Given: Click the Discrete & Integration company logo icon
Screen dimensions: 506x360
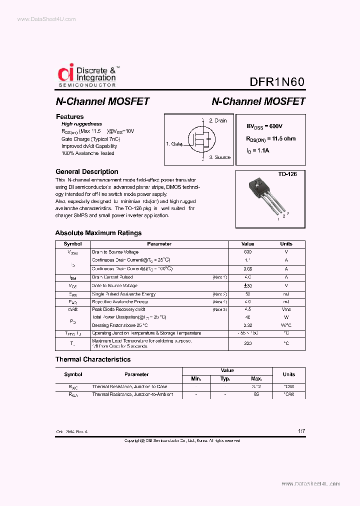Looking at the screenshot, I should [65, 73].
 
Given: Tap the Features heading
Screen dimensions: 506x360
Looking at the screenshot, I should [69, 116].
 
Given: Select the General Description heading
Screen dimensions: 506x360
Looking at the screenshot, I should [86, 171].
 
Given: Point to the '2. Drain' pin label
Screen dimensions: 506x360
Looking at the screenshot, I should [217, 120].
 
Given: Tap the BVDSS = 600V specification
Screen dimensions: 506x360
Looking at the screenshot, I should [267, 127].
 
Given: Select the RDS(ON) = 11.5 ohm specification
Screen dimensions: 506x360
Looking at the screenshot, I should [270, 138].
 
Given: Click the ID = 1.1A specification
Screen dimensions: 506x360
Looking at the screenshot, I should [257, 150].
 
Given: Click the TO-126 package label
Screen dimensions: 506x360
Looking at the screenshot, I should [287, 174].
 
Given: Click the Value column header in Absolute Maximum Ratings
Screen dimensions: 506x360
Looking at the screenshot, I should [247, 244].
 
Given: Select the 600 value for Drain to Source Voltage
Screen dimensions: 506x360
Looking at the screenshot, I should [247, 252].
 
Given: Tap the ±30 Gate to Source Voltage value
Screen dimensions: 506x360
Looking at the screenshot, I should [247, 285].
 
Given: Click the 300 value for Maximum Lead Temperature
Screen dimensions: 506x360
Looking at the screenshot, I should [247, 343].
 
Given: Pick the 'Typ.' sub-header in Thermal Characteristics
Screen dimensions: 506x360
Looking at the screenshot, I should [225, 378].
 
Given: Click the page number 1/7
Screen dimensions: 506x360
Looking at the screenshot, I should [300, 430].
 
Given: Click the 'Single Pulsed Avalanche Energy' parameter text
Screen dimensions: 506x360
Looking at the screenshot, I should [123, 294].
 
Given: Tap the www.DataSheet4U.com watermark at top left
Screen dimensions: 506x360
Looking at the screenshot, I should [46, 19].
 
